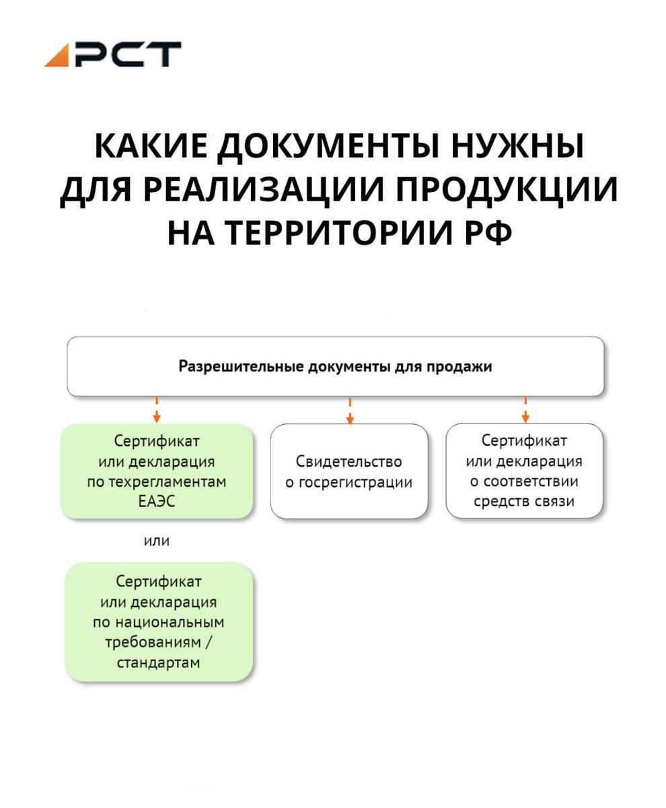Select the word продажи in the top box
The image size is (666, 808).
tap(460, 367)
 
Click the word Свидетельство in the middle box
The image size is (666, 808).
tap(348, 462)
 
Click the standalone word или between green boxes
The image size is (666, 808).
tap(157, 540)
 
